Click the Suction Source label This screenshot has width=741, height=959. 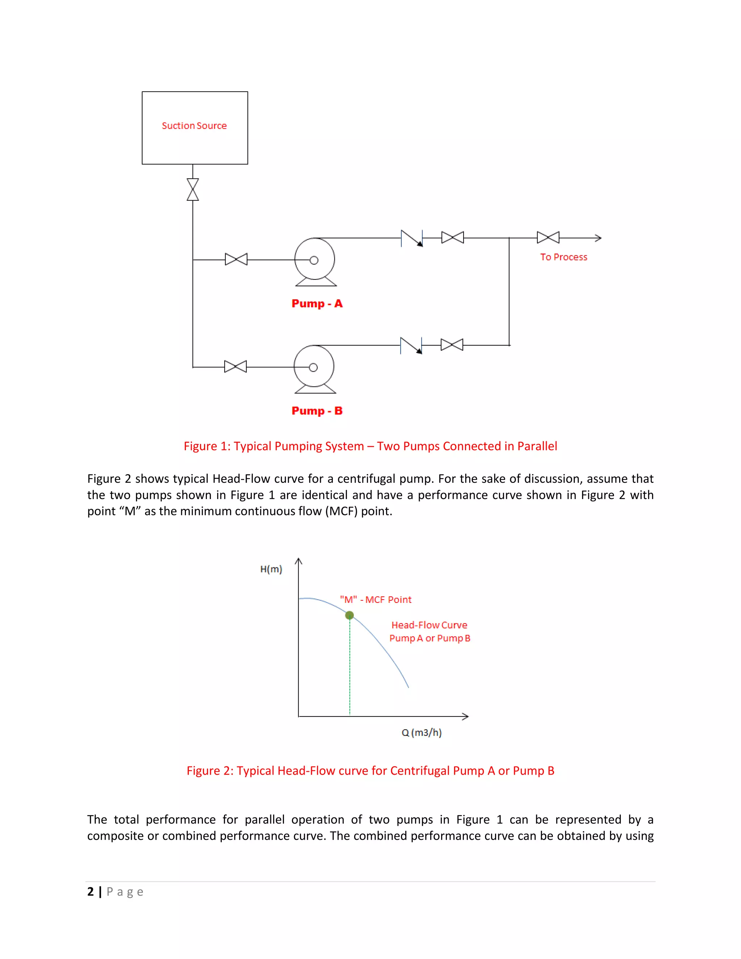click(x=194, y=126)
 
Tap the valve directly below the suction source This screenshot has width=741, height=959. click(x=193, y=190)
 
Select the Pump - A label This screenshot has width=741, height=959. click(x=317, y=304)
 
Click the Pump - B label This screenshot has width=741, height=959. click(x=317, y=411)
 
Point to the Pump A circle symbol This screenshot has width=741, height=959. click(x=315, y=259)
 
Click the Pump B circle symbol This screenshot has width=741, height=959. click(x=314, y=366)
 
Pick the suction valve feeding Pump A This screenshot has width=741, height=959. click(x=236, y=259)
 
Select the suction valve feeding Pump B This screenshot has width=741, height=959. click(x=235, y=367)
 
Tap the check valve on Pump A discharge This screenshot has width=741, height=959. click(x=412, y=238)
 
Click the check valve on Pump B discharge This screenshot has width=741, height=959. click(x=411, y=346)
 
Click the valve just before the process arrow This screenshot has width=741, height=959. click(x=548, y=237)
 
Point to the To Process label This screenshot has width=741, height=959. click(x=564, y=257)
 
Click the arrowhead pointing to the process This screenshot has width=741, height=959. click(x=598, y=238)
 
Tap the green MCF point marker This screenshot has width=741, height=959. click(x=350, y=615)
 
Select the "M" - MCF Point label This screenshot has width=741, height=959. click(x=376, y=600)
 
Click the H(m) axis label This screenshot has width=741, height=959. click(x=271, y=570)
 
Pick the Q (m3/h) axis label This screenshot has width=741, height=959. click(x=422, y=733)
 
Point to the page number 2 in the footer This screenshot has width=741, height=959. click(x=90, y=892)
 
